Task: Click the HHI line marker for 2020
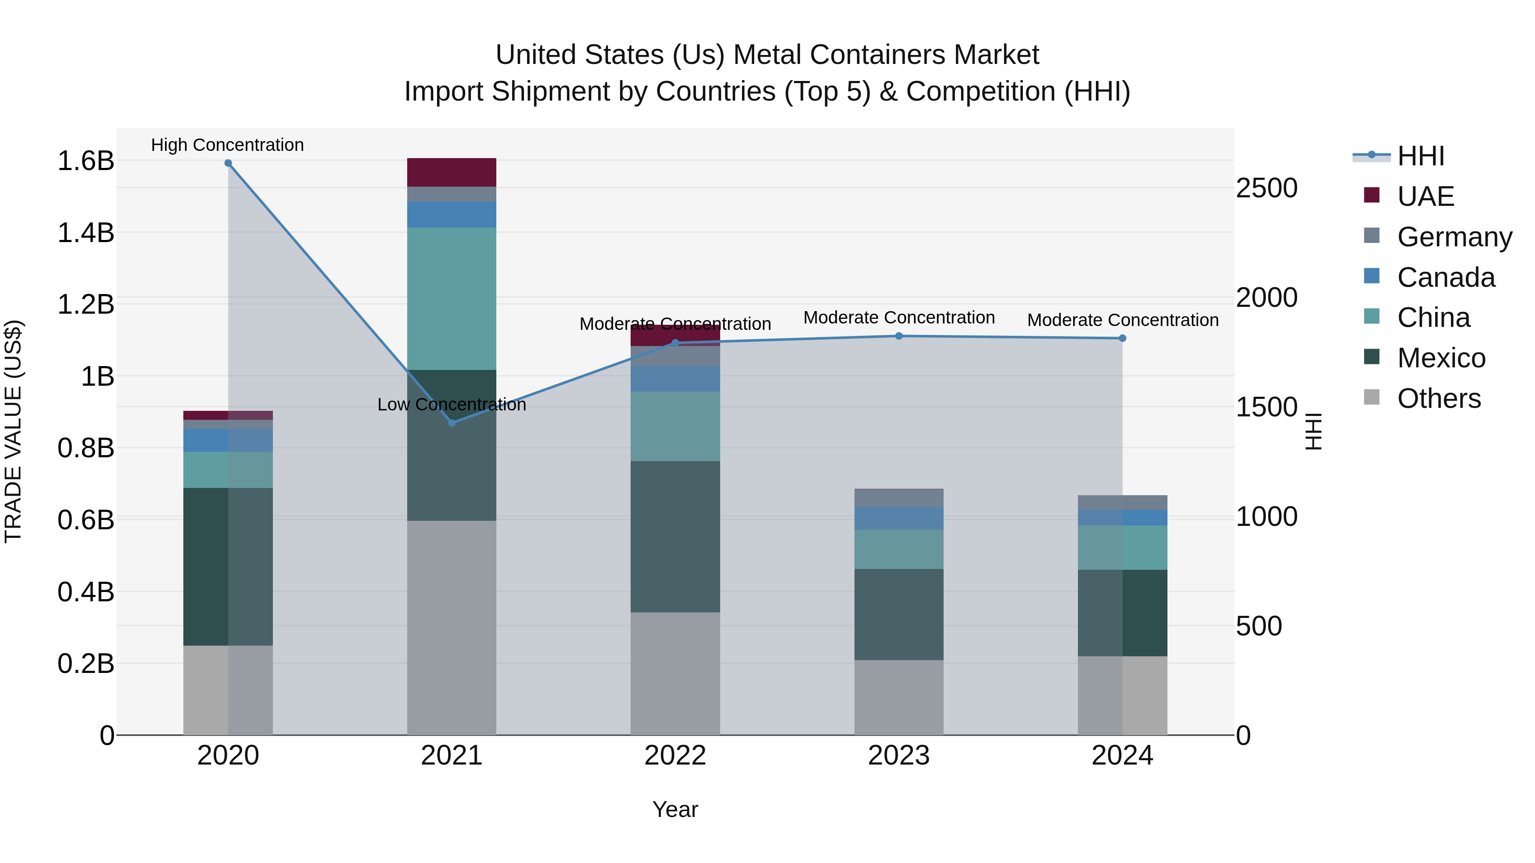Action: point(228,163)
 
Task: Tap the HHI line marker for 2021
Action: point(452,423)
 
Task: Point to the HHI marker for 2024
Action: point(1123,338)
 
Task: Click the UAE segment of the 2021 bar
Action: point(452,173)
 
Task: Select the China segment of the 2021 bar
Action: point(452,298)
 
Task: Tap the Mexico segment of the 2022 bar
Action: point(675,536)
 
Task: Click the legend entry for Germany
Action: point(1454,237)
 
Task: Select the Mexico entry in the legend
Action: point(1441,358)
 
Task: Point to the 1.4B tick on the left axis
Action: point(85,233)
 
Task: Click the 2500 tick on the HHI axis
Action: point(1267,188)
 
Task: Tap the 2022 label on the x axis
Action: point(675,756)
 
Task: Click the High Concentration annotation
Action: point(228,145)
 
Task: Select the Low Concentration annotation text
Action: point(452,404)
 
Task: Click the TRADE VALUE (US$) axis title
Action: point(14,431)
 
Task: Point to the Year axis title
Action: point(675,809)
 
